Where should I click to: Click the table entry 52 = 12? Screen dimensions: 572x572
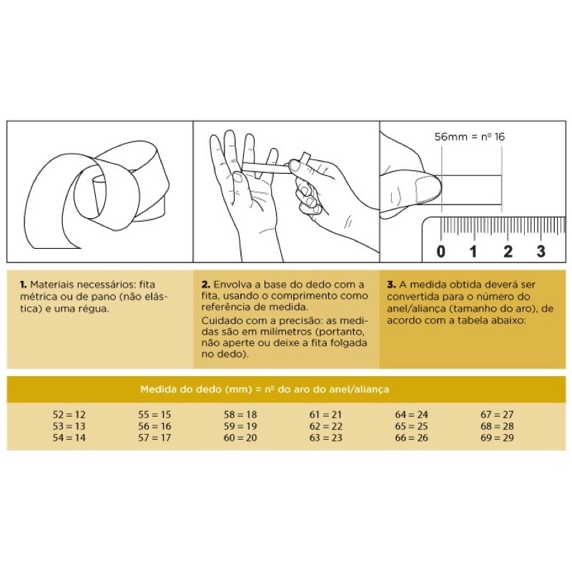point(69,415)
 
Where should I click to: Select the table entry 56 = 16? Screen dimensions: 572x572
point(154,426)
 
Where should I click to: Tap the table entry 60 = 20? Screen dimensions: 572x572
point(240,438)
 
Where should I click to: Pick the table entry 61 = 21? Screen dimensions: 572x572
point(326,415)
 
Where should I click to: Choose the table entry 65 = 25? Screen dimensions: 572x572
point(412,426)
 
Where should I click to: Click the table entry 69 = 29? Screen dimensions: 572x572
point(497,438)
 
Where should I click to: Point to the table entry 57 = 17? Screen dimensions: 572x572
point(154,438)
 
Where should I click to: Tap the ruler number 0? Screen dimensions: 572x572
point(441,252)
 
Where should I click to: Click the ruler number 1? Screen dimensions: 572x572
point(473,252)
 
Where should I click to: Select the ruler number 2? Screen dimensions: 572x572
point(508,252)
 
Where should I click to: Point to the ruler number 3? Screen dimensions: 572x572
point(541,252)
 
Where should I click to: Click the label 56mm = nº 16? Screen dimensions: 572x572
point(470,137)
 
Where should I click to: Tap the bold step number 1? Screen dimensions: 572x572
point(23,285)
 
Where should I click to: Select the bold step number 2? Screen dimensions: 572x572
point(206,285)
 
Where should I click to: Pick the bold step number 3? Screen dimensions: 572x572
point(391,285)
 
